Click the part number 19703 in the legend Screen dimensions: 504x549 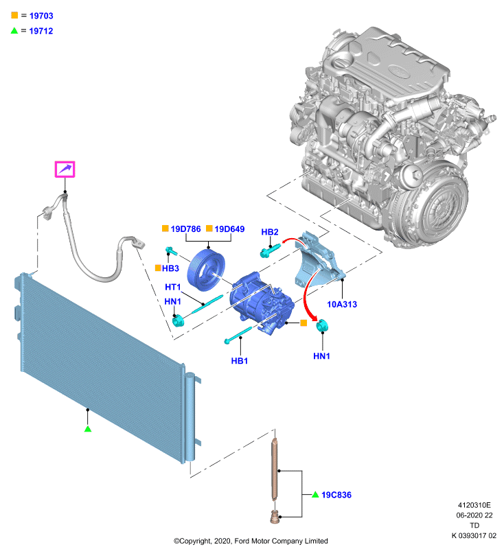pyautogui.click(x=41, y=16)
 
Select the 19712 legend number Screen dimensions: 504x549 pyautogui.click(x=41, y=31)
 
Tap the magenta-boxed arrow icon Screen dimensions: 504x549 pyautogui.click(x=65, y=170)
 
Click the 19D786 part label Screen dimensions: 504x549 pyautogui.click(x=185, y=229)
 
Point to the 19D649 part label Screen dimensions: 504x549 pyautogui.click(x=229, y=229)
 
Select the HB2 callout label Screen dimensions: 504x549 pyautogui.click(x=270, y=232)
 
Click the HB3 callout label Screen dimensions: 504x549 pyautogui.click(x=170, y=268)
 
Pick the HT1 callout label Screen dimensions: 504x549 pyautogui.click(x=172, y=287)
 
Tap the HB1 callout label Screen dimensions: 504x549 pyautogui.click(x=240, y=361)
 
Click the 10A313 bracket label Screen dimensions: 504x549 pyautogui.click(x=342, y=304)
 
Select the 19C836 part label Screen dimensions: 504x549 pyautogui.click(x=336, y=495)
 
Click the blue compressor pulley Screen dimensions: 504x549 pyautogui.click(x=206, y=270)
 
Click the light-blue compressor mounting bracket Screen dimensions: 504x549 pyautogui.click(x=317, y=261)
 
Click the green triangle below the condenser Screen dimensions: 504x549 pyautogui.click(x=88, y=428)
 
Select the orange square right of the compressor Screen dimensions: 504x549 pyautogui.click(x=303, y=323)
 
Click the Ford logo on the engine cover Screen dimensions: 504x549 pyautogui.click(x=398, y=72)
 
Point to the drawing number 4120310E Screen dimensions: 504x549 pyautogui.click(x=474, y=505)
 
